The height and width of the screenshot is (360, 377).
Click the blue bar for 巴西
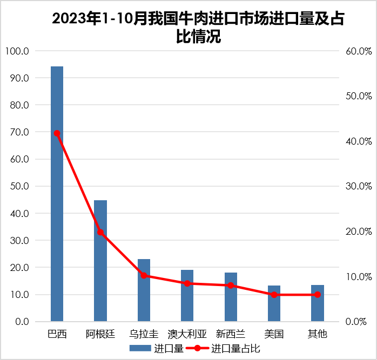(x=57, y=194)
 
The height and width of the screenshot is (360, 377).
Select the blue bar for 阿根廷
(x=100, y=261)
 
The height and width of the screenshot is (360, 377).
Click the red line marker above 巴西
(x=57, y=133)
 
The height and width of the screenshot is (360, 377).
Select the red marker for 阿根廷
(x=100, y=232)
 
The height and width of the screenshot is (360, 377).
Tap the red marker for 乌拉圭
(x=144, y=275)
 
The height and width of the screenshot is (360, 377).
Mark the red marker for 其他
(x=318, y=295)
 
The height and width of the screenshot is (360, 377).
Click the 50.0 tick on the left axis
(x=20, y=186)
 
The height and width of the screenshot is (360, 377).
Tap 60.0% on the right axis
(x=358, y=51)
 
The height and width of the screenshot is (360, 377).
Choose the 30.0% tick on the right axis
(x=358, y=186)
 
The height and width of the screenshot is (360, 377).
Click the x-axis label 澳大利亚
(x=187, y=334)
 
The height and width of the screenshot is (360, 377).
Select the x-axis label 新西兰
(x=231, y=334)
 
